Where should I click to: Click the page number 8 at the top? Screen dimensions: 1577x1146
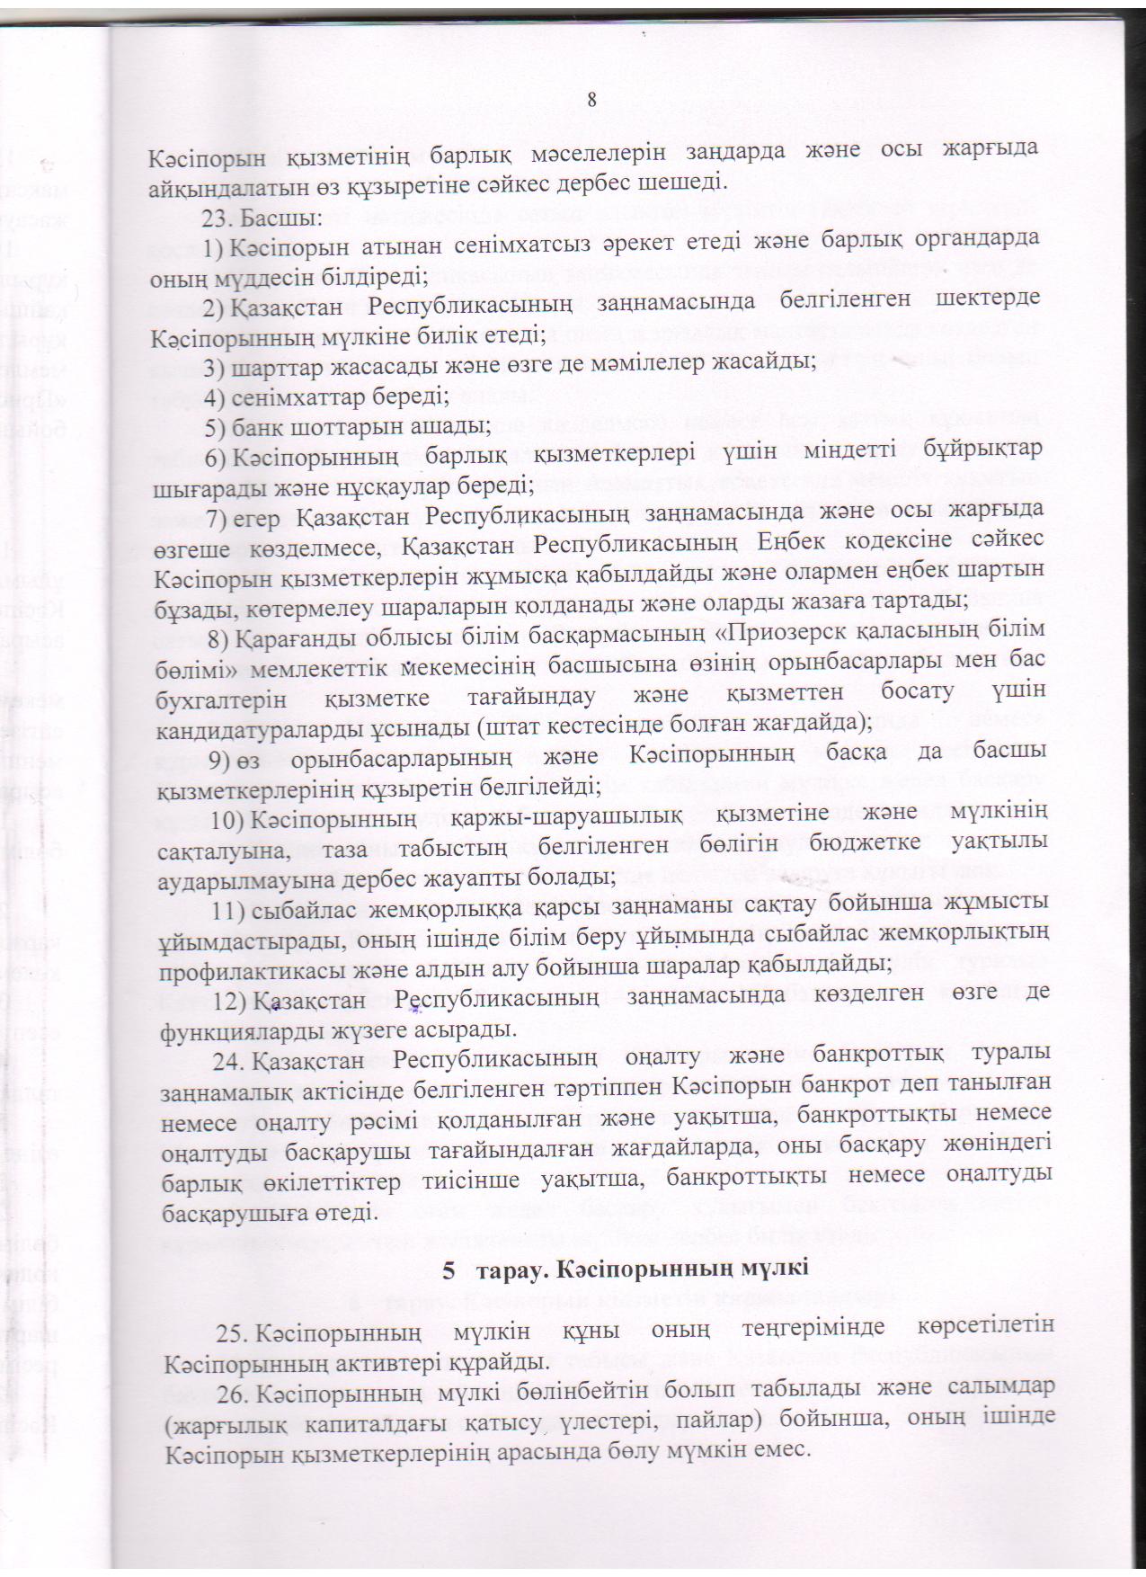coord(591,100)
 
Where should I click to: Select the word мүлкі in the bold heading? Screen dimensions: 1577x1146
coord(777,1271)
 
